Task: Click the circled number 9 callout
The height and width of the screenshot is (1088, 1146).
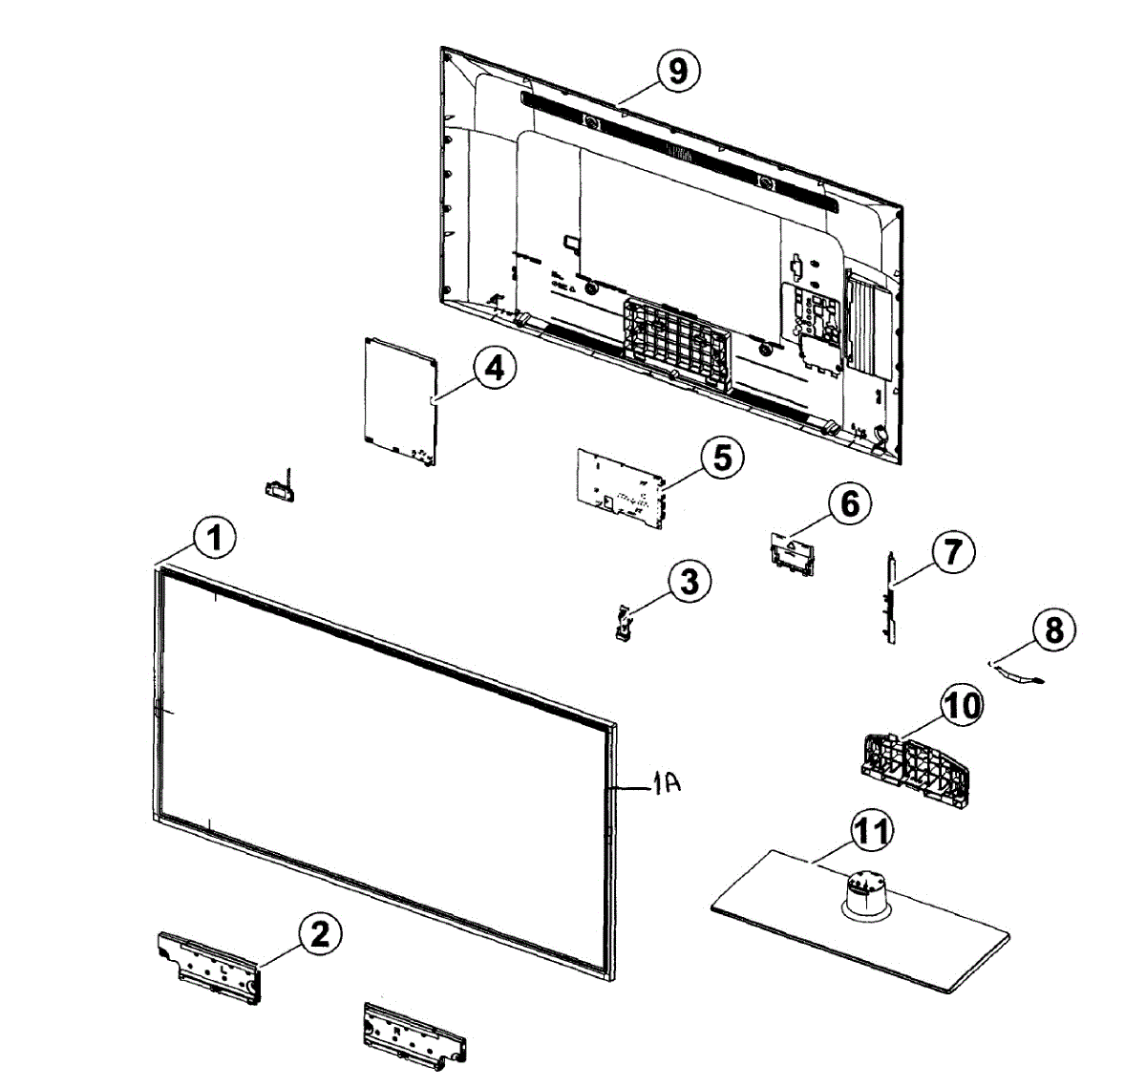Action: pos(677,72)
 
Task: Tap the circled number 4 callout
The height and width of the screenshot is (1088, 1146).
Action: pos(493,369)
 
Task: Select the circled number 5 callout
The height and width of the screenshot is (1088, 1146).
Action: pos(722,458)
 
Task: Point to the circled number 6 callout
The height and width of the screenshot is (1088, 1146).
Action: pos(849,503)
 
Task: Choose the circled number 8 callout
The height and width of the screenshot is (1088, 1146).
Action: pos(1052,629)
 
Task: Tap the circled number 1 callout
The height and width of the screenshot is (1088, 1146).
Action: pos(215,538)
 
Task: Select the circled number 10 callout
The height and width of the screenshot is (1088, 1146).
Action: pos(962,706)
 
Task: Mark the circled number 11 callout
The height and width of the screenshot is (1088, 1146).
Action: pos(870,832)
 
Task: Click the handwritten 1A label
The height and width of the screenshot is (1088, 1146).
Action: pos(666,785)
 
